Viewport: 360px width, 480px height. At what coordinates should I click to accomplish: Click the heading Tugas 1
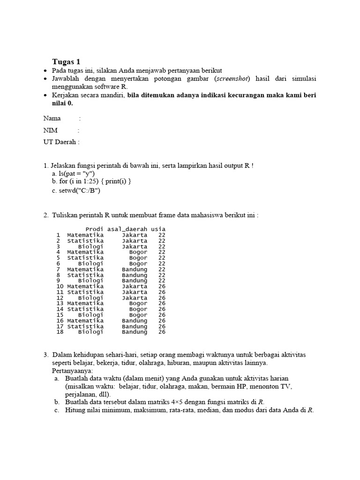[66, 62]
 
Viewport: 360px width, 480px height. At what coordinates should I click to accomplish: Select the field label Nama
[52, 119]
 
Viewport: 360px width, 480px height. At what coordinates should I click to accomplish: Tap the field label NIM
[51, 130]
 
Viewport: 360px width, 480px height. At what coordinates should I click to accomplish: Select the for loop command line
[94, 181]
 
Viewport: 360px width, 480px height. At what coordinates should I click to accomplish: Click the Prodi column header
[94, 229]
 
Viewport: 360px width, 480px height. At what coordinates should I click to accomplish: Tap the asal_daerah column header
[127, 229]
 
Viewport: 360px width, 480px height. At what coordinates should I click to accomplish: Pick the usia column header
[158, 229]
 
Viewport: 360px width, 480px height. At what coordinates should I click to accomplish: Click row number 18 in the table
[60, 332]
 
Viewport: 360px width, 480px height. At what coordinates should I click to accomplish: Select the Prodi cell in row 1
[85, 235]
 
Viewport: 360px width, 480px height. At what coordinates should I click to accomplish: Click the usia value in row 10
[162, 286]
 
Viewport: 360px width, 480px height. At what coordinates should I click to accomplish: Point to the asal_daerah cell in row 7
[134, 269]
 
